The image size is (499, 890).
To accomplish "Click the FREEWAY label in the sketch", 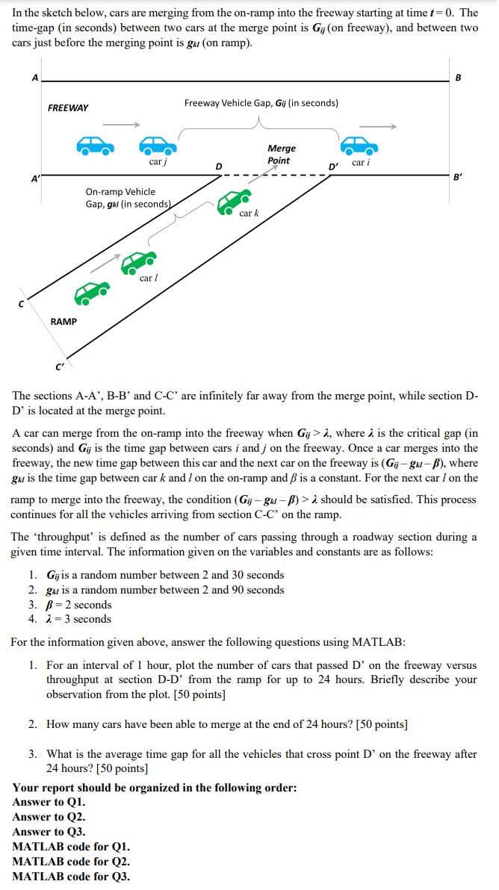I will (68, 108).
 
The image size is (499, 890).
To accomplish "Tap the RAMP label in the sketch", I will (63, 321).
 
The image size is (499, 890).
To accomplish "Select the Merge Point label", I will (281, 155).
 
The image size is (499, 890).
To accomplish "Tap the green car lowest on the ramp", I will (92, 292).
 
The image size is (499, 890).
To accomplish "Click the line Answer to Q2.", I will (49, 817).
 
